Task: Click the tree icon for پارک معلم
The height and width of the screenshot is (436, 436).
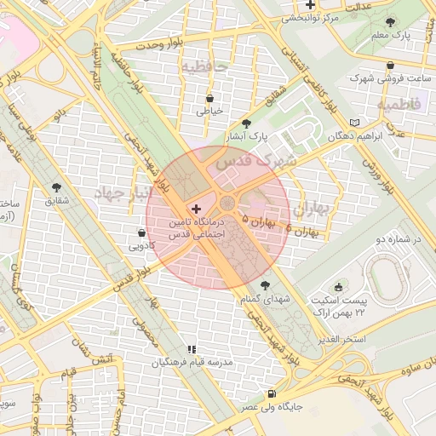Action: click(x=390, y=23)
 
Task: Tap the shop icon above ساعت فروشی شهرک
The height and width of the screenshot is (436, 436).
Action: click(x=390, y=65)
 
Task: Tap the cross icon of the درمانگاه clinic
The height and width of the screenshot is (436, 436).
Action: click(x=197, y=209)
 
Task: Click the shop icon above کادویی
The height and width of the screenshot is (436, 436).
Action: click(x=141, y=232)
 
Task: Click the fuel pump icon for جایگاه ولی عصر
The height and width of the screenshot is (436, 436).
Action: click(x=272, y=393)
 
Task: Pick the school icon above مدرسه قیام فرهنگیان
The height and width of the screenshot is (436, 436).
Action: click(x=192, y=348)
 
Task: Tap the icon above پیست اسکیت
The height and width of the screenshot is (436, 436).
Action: click(x=339, y=287)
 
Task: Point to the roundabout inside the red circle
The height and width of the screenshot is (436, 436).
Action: click(x=228, y=204)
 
